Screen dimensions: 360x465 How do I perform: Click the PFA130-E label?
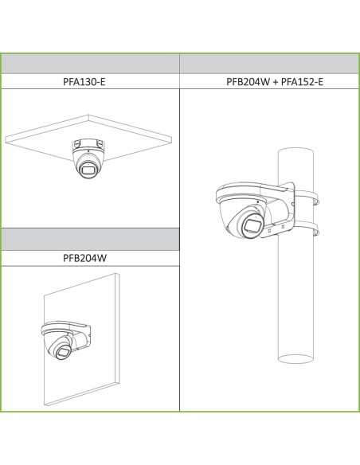click(x=84, y=81)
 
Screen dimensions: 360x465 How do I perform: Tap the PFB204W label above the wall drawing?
click(x=84, y=258)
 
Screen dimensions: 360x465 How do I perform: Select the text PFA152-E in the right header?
click(x=302, y=81)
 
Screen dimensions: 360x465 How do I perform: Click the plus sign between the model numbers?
click(x=276, y=82)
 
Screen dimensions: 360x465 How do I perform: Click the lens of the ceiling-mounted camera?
click(x=88, y=170)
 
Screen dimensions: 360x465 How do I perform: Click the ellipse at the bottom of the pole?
click(x=295, y=359)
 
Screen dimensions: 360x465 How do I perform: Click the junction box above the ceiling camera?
click(x=88, y=145)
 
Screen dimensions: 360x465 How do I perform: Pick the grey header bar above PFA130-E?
click(x=90, y=64)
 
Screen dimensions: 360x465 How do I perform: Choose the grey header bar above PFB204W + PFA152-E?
click(x=269, y=64)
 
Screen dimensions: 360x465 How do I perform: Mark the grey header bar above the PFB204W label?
click(x=90, y=240)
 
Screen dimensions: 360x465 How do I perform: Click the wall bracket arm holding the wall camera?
click(x=78, y=334)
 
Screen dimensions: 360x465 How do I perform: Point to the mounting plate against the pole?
click(x=288, y=210)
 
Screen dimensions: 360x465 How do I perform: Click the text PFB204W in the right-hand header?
click(x=248, y=81)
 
